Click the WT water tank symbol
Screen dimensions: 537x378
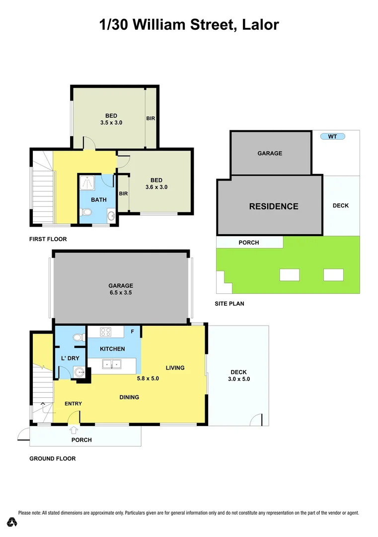tap(332, 136)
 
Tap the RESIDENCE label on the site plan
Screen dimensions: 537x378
tap(274, 206)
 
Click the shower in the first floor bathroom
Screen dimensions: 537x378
tap(88, 182)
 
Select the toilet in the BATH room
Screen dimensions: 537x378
tap(86, 213)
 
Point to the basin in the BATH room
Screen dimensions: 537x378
tap(110, 216)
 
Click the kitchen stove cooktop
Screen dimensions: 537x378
tap(105, 331)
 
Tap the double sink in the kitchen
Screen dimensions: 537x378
tap(111, 364)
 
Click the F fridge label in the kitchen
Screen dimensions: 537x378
tap(132, 331)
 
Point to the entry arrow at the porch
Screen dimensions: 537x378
tap(74, 431)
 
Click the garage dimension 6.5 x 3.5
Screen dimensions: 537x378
tap(121, 293)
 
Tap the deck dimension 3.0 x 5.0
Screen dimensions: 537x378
tap(238, 379)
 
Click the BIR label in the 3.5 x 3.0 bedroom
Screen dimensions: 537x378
tap(151, 119)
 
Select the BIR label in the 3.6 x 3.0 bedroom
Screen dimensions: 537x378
tap(123, 193)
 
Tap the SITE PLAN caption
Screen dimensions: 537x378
tap(229, 303)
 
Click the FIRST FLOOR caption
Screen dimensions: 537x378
tap(48, 239)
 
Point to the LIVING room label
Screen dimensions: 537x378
tap(175, 368)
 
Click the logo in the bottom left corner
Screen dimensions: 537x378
tap(12, 522)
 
